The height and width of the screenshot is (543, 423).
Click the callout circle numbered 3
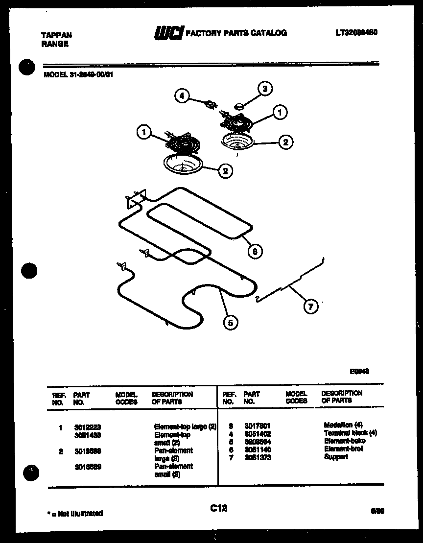[x=265, y=89]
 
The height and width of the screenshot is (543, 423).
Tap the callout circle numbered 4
[x=182, y=96]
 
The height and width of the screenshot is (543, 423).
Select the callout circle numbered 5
[x=230, y=322]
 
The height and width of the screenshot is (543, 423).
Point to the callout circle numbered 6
[x=255, y=252]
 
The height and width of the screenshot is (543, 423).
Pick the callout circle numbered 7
[x=310, y=307]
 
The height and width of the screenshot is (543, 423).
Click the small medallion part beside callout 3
[x=240, y=104]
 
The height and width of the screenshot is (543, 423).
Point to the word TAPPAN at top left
[x=55, y=35]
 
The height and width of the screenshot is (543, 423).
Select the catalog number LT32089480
[x=356, y=32]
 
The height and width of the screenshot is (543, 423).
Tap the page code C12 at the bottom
[x=218, y=509]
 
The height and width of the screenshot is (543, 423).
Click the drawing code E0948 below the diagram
[x=359, y=372]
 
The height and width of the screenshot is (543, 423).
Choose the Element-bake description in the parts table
[x=344, y=441]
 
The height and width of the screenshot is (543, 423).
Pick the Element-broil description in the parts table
[x=344, y=449]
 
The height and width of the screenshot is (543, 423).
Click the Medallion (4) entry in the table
[x=343, y=425]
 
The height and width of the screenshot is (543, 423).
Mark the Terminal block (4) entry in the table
[x=350, y=433]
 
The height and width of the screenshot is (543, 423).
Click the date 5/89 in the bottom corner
[x=377, y=510]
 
